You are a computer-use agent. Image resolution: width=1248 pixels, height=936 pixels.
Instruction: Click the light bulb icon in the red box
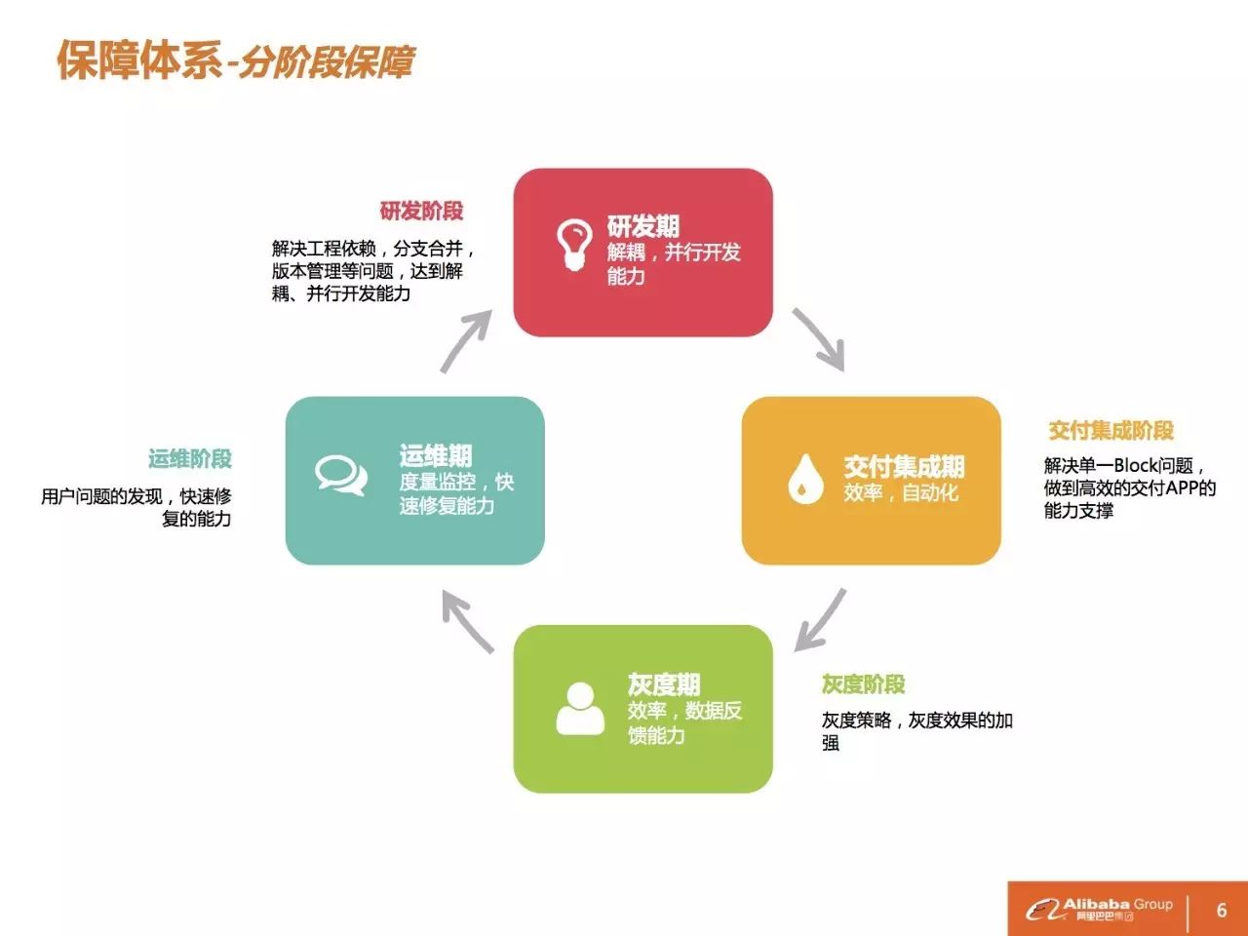tap(574, 244)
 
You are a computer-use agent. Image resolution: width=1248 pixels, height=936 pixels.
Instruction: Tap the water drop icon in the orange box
tap(805, 479)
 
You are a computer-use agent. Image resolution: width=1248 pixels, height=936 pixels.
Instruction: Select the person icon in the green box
tap(580, 709)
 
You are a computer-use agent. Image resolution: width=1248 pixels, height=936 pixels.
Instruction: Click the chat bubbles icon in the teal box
tap(341, 475)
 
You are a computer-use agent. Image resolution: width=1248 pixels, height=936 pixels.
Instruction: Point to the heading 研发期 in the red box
tap(643, 227)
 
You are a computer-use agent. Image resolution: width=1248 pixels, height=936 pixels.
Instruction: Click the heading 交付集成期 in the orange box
tap(904, 467)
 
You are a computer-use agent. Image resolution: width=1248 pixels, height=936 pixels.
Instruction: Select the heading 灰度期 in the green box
tap(664, 684)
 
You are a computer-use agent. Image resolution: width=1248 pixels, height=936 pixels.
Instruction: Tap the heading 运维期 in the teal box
tap(436, 455)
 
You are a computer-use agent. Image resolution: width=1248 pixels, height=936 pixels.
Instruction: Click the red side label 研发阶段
tap(421, 211)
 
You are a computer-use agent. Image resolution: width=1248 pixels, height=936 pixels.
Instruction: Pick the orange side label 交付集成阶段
tap(1111, 430)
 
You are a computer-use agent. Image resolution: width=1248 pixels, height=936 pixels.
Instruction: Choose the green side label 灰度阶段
tap(863, 684)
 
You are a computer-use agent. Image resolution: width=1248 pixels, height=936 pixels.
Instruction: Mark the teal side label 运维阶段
tap(190, 458)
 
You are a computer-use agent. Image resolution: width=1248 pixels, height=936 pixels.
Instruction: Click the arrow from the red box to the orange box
tap(819, 339)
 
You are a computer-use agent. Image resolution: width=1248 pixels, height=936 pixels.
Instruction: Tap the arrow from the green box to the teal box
tap(468, 620)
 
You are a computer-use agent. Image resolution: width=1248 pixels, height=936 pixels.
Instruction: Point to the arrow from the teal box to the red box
tap(465, 341)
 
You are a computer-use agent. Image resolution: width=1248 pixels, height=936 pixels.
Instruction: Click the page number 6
tap(1222, 910)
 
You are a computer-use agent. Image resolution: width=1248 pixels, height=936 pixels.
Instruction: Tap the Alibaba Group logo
tap(1099, 909)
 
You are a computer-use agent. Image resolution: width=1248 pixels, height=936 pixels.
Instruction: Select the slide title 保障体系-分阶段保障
tap(235, 60)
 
